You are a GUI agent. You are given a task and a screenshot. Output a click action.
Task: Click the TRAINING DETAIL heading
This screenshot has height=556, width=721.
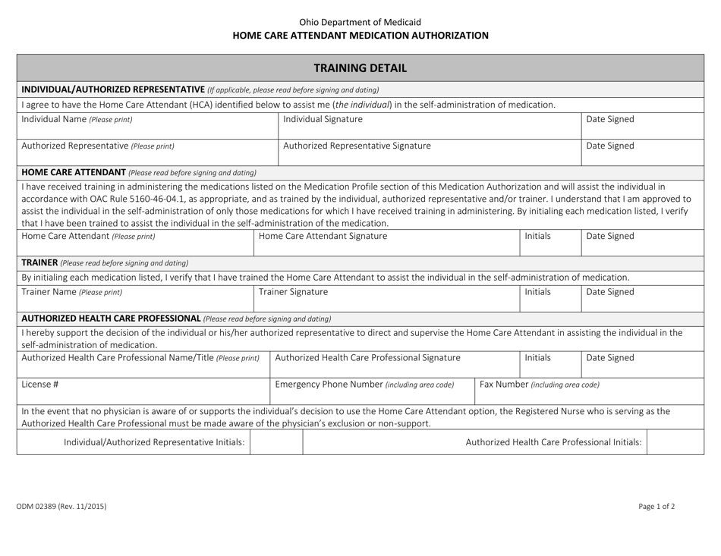pos(360,68)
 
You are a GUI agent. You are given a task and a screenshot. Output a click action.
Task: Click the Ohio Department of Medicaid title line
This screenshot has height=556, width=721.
pos(360,22)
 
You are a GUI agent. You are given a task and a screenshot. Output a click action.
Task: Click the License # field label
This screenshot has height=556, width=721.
pos(36,384)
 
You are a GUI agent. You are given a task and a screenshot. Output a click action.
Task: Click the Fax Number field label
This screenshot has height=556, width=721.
pos(540,384)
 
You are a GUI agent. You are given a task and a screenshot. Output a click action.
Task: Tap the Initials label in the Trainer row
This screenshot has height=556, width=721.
pos(538,291)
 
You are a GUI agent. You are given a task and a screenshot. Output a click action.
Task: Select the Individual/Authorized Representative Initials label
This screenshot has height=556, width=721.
pos(154,441)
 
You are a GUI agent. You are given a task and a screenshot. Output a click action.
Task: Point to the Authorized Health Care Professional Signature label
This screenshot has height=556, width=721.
pos(368,357)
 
